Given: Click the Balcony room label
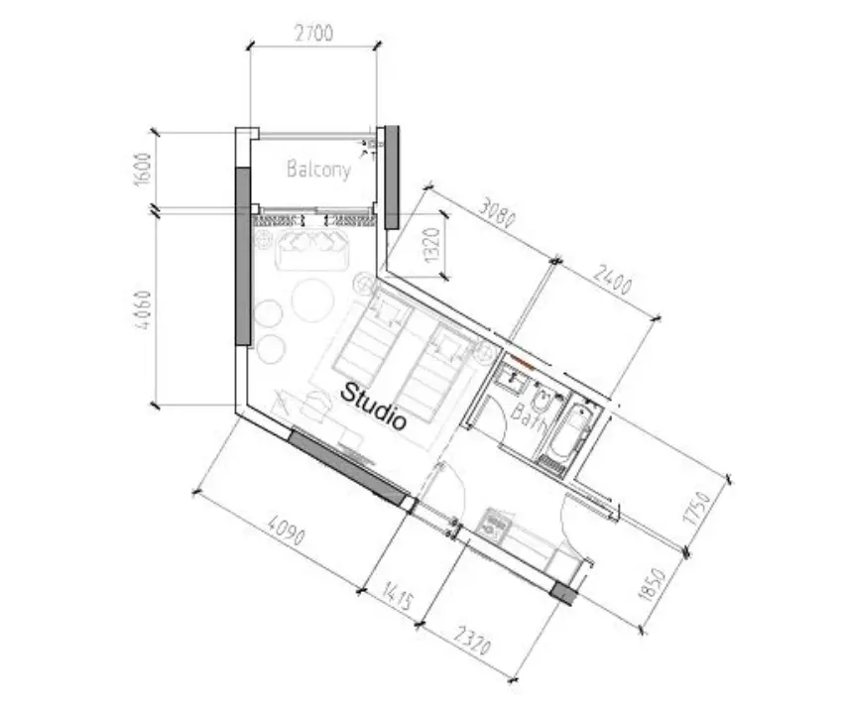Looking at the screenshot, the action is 318,169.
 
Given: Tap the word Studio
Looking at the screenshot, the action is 373,407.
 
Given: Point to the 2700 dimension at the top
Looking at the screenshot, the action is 314,34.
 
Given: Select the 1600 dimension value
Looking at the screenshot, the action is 143,169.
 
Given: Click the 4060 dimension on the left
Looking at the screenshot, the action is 142,309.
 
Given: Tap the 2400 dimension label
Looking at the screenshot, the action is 612,278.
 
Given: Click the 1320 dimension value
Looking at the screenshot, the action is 433,244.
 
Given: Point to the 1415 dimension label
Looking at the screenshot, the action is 399,596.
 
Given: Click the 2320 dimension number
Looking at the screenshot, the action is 473,640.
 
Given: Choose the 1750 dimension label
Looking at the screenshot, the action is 697,508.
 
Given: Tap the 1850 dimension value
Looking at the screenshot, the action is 652,584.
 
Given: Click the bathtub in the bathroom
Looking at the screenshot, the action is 569,434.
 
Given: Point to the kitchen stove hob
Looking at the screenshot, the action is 494,524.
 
